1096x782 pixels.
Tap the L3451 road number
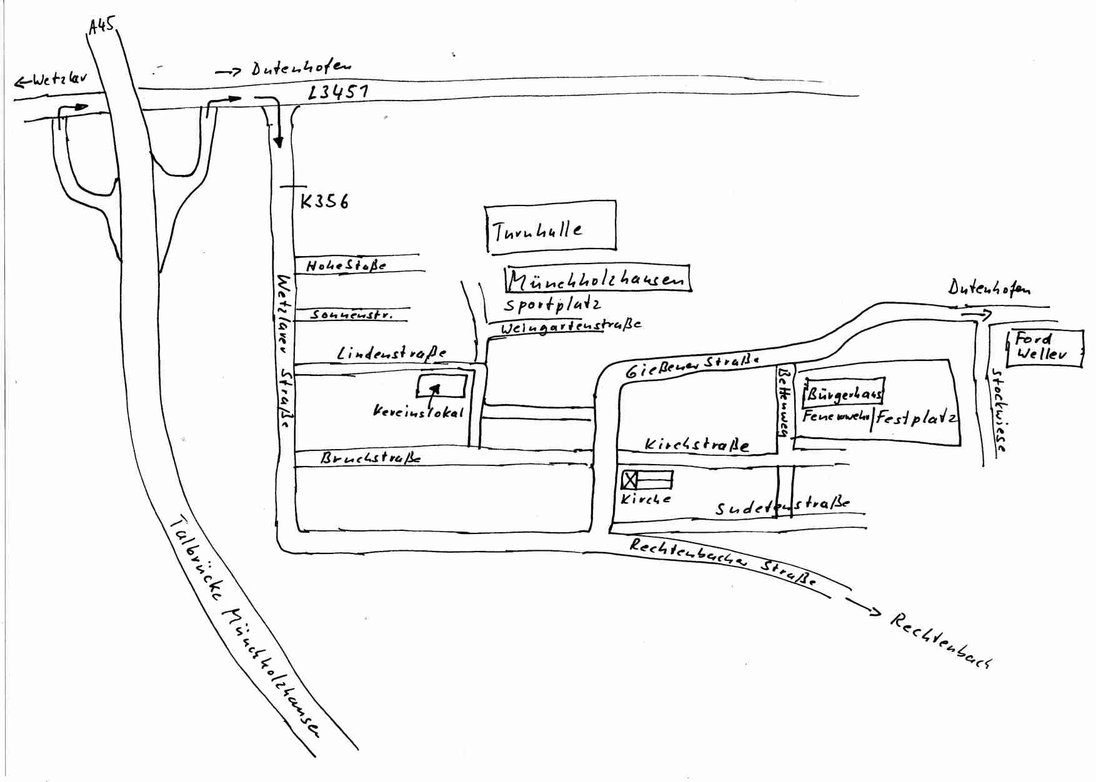(x=338, y=92)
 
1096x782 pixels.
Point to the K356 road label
(x=324, y=202)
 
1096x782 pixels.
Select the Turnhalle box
(x=551, y=227)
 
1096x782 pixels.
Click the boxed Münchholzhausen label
(x=598, y=280)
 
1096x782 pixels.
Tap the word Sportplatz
(x=552, y=305)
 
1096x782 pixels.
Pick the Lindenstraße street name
(x=392, y=354)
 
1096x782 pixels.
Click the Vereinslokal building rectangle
(x=442, y=385)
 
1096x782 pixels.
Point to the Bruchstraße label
(x=371, y=458)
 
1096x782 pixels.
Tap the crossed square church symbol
(x=630, y=480)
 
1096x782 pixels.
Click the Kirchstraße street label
(x=697, y=445)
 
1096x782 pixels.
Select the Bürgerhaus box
(x=844, y=393)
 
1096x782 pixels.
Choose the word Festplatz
(x=916, y=418)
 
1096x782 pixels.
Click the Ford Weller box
(x=1044, y=348)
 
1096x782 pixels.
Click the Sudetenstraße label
(x=782, y=505)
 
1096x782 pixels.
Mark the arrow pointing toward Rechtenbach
(x=863, y=606)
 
